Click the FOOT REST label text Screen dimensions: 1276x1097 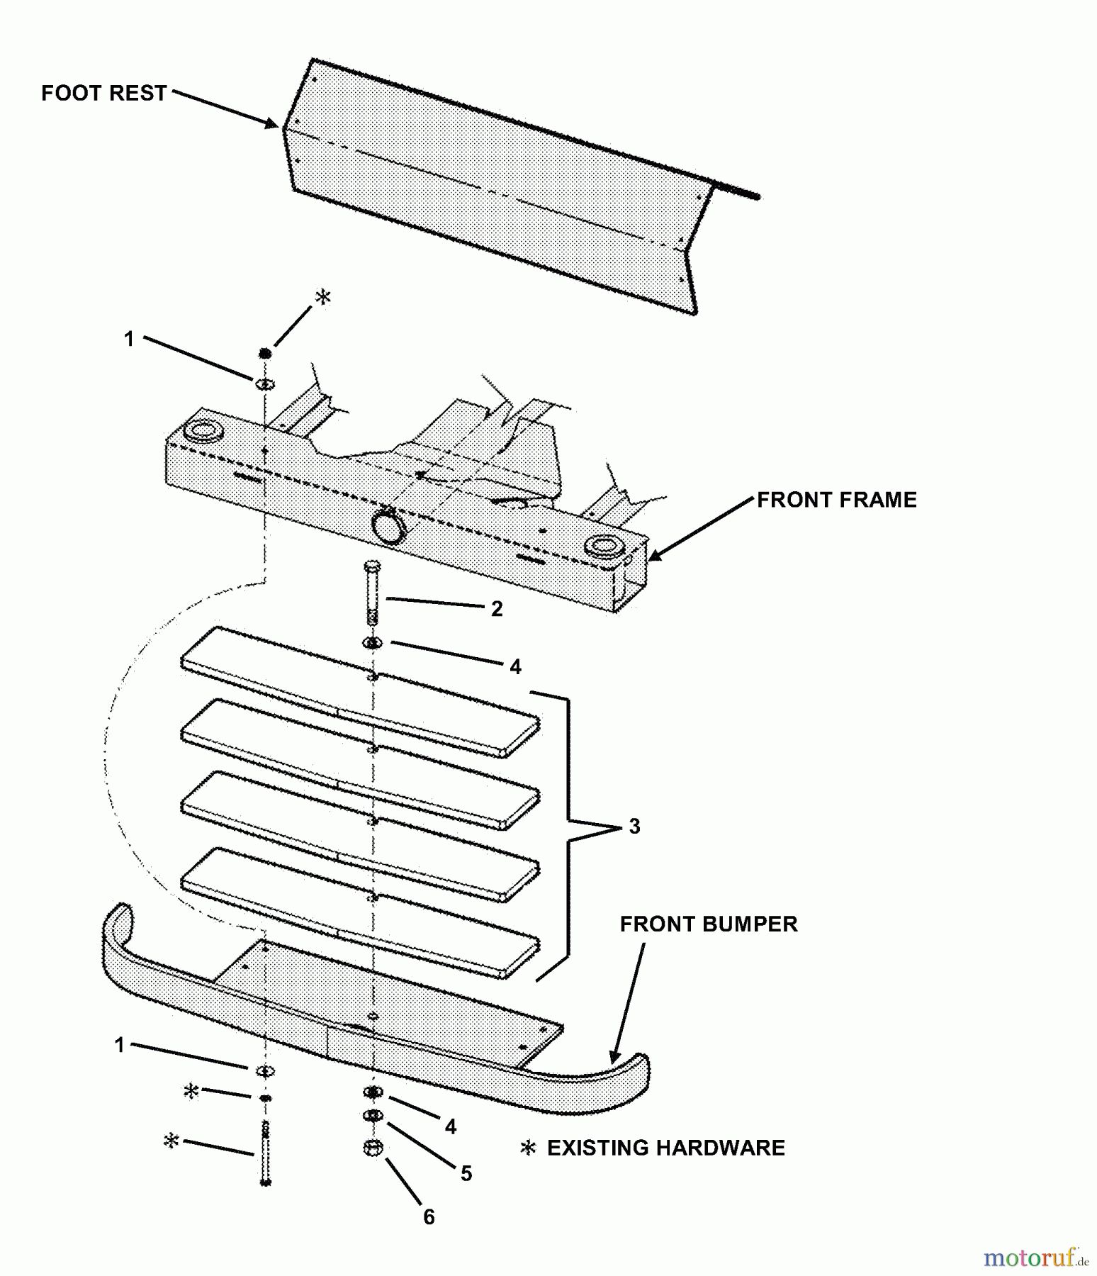103,93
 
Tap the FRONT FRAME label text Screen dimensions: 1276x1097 836,500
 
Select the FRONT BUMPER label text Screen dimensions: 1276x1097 708,924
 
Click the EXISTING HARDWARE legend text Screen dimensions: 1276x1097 665,1148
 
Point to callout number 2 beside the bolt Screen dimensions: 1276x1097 497,609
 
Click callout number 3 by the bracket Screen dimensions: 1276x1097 634,826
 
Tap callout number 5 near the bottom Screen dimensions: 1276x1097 466,1173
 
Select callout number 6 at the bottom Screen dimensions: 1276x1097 429,1216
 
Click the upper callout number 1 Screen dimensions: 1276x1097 129,339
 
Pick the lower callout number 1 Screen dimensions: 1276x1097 120,1045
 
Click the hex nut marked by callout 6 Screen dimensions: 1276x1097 373,1147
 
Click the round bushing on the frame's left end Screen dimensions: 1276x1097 203,430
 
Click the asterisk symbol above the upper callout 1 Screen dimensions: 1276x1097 322,297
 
